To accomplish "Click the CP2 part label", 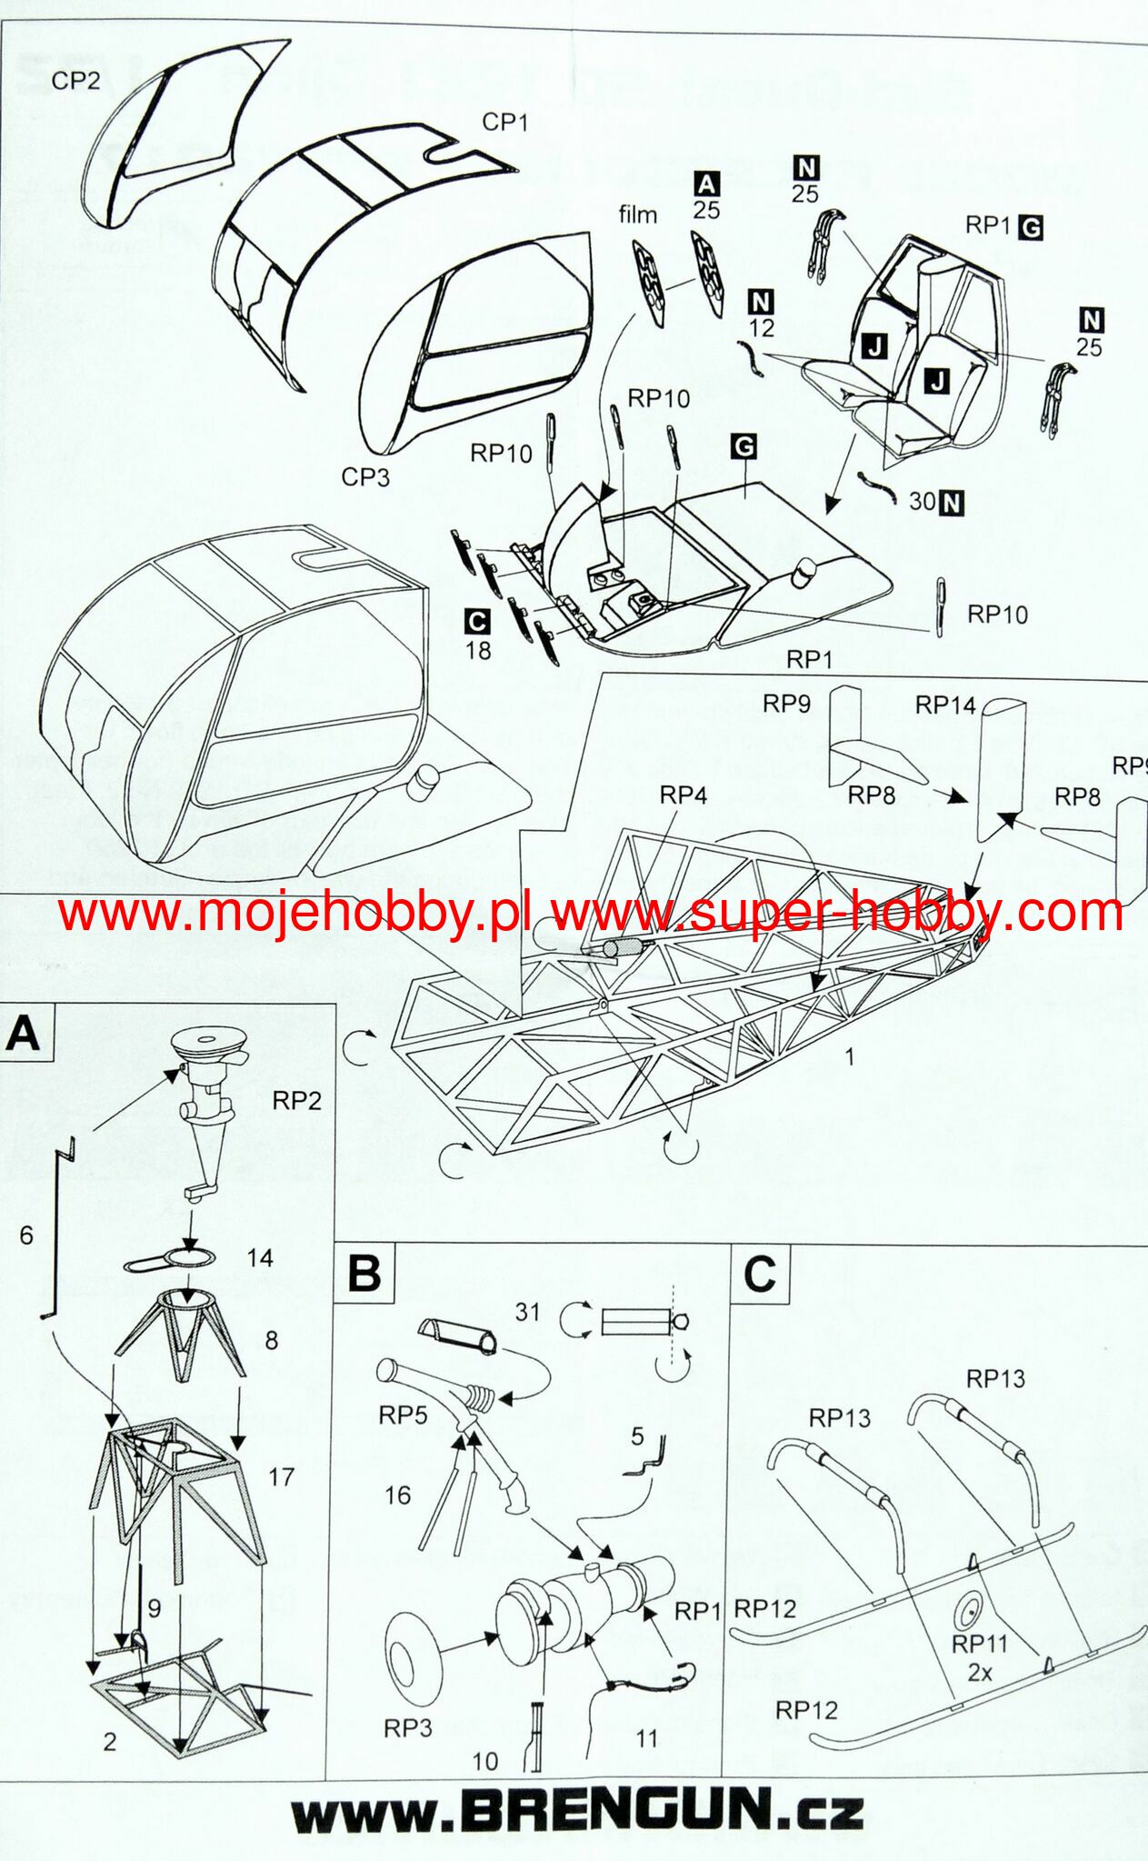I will click(75, 81).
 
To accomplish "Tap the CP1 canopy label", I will click(504, 122).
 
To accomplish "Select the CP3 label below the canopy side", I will click(365, 476).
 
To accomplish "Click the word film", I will click(637, 215).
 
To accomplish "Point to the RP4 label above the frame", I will click(683, 795).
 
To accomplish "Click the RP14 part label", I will click(945, 705).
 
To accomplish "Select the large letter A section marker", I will click(25, 1034).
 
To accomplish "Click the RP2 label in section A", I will click(297, 1101).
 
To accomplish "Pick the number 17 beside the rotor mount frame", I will click(281, 1476).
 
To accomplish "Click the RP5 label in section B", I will click(403, 1415).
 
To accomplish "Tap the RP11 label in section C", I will click(980, 1644).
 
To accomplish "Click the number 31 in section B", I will click(528, 1312).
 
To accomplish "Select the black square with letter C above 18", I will click(476, 622).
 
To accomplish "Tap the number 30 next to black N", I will click(922, 501).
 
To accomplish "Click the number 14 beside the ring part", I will click(260, 1257).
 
